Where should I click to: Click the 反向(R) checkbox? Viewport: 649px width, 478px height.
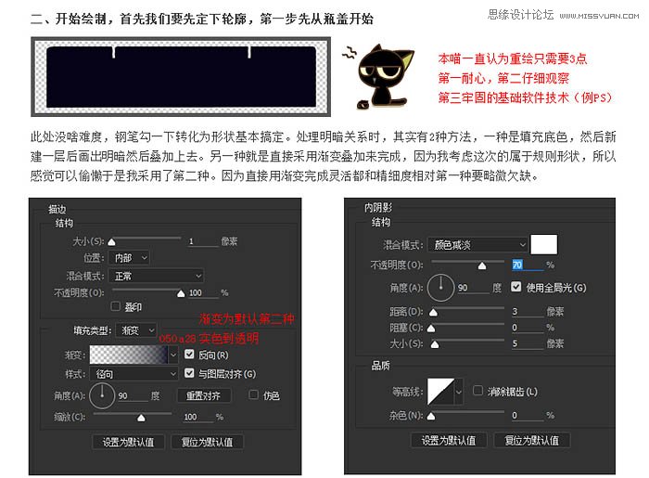pos(190,355)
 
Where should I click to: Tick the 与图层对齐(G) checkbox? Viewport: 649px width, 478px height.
pos(190,374)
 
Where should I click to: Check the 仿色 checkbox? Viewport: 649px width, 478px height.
pos(253,395)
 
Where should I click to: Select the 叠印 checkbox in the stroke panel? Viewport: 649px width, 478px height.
pos(116,305)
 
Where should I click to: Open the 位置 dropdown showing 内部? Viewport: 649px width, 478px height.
pos(130,257)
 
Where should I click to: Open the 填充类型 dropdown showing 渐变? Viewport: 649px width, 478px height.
pos(138,330)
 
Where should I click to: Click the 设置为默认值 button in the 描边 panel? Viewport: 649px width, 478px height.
pos(129,442)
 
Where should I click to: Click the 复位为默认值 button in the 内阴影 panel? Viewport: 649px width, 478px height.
pos(531,440)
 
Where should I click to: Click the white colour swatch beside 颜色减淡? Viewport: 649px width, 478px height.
pos(542,244)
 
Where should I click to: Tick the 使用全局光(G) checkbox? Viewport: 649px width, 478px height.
pos(516,288)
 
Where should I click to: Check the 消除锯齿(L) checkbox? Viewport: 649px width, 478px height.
pos(477,391)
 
